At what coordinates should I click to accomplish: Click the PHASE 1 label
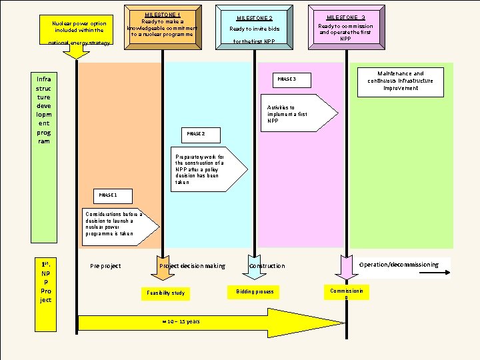click(x=109, y=195)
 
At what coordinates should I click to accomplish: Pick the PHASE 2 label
click(x=195, y=134)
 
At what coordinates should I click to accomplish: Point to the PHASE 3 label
click(x=285, y=79)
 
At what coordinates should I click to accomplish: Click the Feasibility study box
click(x=165, y=293)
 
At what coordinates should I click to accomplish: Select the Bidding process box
click(x=254, y=292)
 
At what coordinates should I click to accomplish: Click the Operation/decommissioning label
click(x=399, y=265)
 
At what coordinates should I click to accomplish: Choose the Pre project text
click(x=105, y=266)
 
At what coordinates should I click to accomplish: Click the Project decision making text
click(x=192, y=266)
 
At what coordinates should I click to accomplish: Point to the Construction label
click(x=267, y=266)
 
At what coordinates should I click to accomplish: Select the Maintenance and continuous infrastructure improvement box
click(x=400, y=81)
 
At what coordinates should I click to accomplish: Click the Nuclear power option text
click(x=79, y=27)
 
